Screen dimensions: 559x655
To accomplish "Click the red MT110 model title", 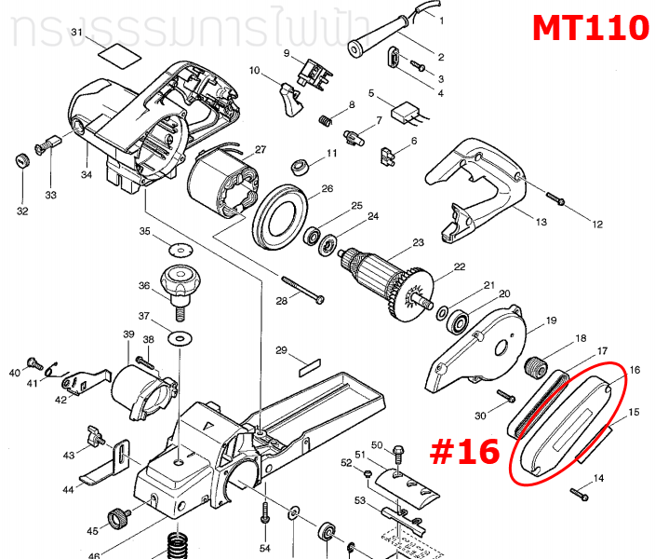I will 590,28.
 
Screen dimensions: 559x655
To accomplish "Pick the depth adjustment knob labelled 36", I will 181,281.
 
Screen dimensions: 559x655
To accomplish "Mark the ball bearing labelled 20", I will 458,323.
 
